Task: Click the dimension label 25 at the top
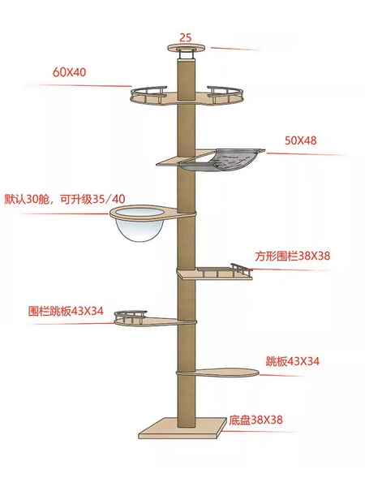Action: (186, 37)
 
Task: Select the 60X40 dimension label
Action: (69, 72)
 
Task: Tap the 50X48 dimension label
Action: (301, 140)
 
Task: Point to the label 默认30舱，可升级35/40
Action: (65, 199)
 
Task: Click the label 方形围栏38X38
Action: (292, 256)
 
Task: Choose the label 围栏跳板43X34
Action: (66, 311)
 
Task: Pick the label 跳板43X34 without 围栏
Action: (292, 361)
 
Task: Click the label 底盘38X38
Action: (255, 420)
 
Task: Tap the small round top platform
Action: (187, 48)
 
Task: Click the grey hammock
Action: (222, 160)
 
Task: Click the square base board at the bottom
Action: (182, 428)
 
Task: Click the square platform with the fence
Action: (215, 274)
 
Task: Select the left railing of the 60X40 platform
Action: (148, 94)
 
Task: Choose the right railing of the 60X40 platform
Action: (225, 94)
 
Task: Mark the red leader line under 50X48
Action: (305, 154)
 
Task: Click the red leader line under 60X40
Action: (78, 85)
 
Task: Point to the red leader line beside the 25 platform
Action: (234, 49)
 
